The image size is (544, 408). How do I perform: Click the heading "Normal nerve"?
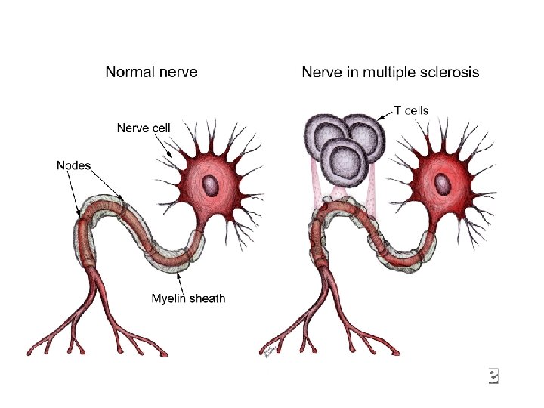click(151, 73)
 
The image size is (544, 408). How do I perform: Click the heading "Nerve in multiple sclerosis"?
click(390, 73)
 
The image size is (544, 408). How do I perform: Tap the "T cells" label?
click(412, 110)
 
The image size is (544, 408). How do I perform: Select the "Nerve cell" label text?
click(144, 128)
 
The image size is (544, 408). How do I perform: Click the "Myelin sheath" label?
click(188, 298)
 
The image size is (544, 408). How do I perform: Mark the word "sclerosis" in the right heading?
click(447, 73)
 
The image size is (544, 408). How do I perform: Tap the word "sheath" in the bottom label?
click(207, 298)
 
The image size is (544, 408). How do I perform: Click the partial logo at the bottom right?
click(493, 376)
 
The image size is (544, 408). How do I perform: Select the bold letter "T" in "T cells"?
click(398, 110)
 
